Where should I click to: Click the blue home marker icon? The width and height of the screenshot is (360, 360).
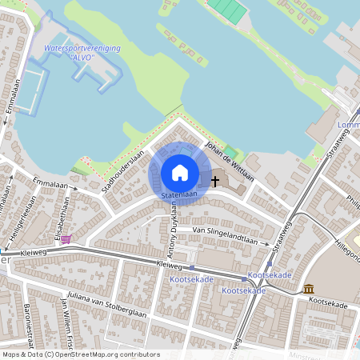tap(180, 172)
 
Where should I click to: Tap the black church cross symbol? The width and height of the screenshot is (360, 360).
tap(214, 182)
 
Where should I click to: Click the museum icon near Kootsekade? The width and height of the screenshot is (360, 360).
tap(309, 288)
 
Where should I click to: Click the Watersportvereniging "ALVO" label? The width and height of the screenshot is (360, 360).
tap(82, 53)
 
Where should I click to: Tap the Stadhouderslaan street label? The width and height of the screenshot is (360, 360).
tap(123, 172)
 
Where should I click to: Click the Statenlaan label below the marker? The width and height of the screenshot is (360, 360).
tap(179, 195)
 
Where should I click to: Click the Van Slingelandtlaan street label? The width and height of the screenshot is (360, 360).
tap(230, 230)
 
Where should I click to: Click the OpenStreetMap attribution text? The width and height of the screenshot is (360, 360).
tap(81, 354)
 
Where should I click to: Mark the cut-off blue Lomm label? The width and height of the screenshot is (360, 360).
tap(349, 126)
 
